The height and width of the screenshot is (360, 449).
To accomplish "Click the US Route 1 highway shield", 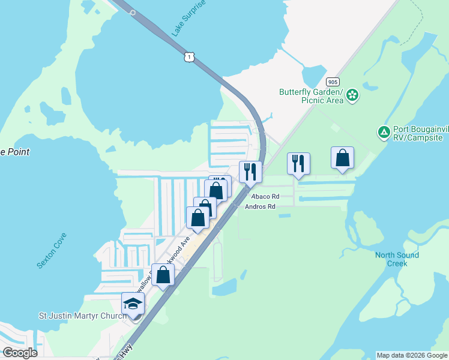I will pyautogui.click(x=189, y=57).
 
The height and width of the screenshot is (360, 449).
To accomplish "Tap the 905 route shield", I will pyautogui.click(x=332, y=81).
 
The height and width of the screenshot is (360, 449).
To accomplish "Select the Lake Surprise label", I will pyautogui.click(x=188, y=19).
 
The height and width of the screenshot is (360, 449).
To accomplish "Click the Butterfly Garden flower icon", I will pyautogui.click(x=352, y=94).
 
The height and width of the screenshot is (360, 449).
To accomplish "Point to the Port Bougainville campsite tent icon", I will pyautogui.click(x=383, y=131).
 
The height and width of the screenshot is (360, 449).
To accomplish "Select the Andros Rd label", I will pyautogui.click(x=260, y=206).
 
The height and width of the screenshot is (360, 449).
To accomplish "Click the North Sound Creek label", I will pyautogui.click(x=397, y=259).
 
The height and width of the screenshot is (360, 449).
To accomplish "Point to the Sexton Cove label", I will pyautogui.click(x=53, y=247).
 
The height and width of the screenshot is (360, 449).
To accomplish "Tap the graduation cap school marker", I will pyautogui.click(x=133, y=304).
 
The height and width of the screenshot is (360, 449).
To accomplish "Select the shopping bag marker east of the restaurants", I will pyautogui.click(x=342, y=158).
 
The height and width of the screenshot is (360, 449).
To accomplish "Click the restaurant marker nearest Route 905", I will pyautogui.click(x=298, y=164).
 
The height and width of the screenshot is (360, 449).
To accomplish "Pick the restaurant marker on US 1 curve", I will pyautogui.click(x=250, y=172).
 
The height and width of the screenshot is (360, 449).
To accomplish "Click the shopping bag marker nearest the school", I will pyautogui.click(x=163, y=275).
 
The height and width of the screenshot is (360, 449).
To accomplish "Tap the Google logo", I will pyautogui.click(x=20, y=353).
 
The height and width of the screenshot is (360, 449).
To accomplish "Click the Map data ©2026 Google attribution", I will pyautogui.click(x=412, y=355).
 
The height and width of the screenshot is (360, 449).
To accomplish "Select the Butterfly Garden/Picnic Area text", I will pyautogui.click(x=311, y=96).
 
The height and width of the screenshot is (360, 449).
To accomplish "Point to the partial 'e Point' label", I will pyautogui.click(x=15, y=152).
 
